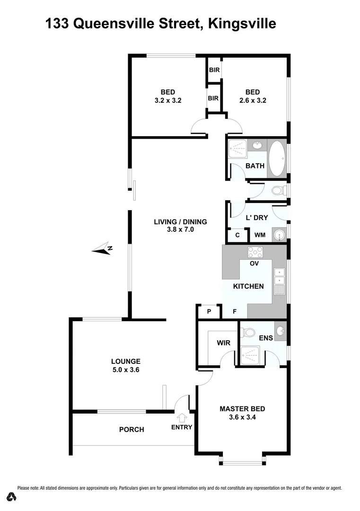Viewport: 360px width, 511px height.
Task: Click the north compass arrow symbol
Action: (x=101, y=249)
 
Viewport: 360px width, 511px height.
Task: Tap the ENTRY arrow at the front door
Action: (x=182, y=418)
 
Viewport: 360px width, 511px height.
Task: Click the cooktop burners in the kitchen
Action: (x=255, y=252)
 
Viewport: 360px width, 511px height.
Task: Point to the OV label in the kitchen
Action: (x=254, y=264)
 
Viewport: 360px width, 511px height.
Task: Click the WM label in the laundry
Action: (x=260, y=235)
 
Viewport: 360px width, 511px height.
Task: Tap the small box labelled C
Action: (x=237, y=235)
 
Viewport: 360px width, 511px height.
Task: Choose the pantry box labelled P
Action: (x=209, y=312)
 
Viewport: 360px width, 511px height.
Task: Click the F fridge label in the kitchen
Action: (x=234, y=312)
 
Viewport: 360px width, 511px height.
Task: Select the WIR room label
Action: (x=223, y=343)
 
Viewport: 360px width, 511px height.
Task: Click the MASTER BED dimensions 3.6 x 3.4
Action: (x=242, y=417)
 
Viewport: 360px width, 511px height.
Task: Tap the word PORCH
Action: (x=131, y=430)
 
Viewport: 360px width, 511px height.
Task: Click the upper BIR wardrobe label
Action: (x=214, y=70)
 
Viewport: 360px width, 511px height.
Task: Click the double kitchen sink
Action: (x=279, y=273)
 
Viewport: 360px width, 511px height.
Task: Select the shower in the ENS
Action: (x=250, y=355)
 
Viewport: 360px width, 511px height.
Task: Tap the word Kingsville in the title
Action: (x=242, y=24)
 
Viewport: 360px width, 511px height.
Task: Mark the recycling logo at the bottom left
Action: (x=12, y=497)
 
